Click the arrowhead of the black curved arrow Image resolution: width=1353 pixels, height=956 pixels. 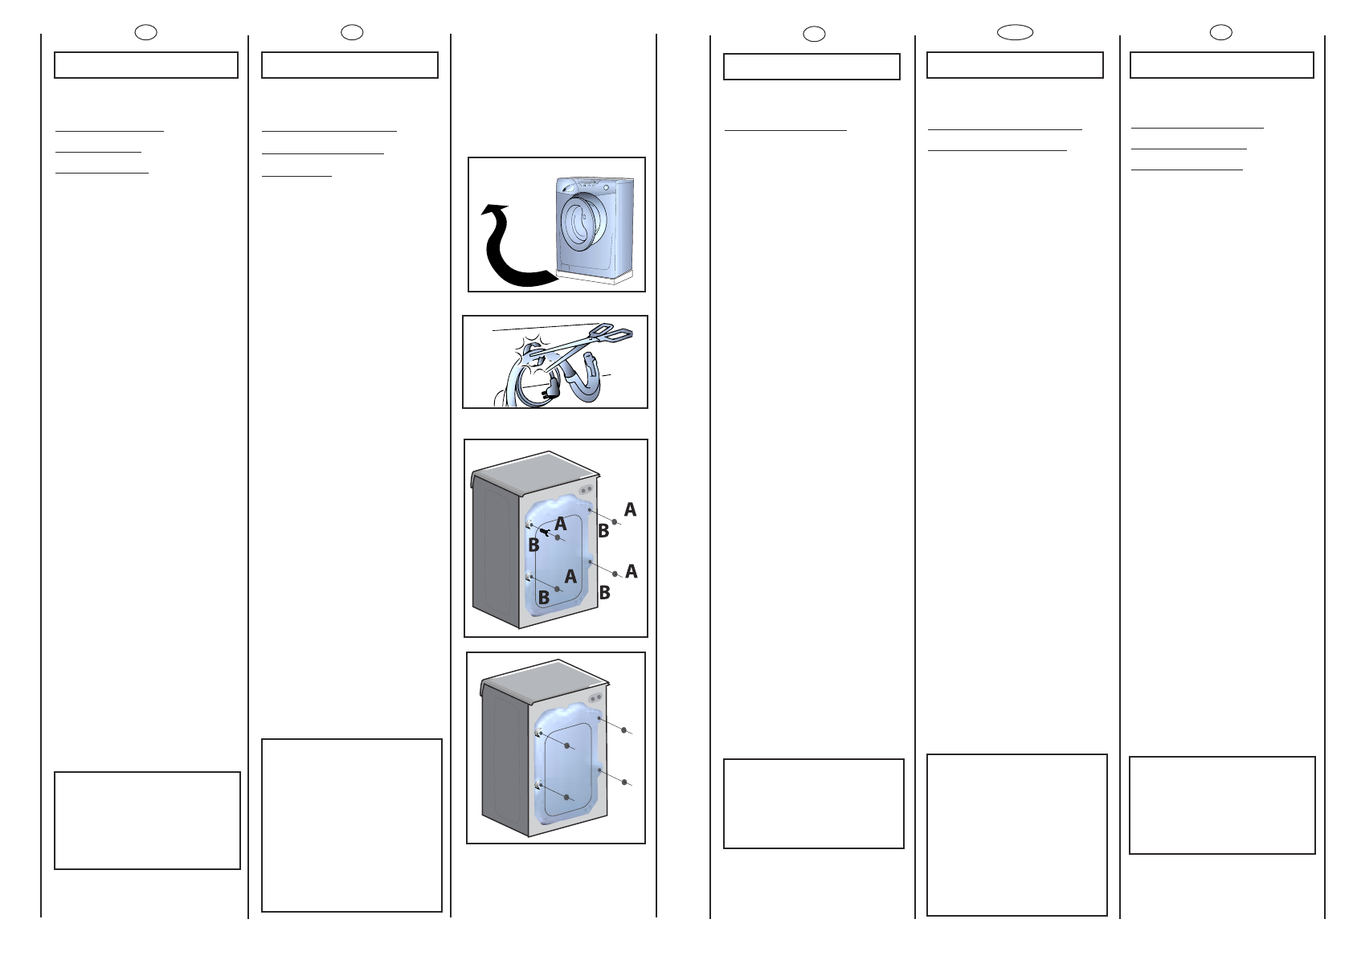coord(494,210)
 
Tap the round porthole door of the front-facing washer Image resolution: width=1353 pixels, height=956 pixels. coord(582,223)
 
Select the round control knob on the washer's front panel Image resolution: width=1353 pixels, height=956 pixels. coord(606,188)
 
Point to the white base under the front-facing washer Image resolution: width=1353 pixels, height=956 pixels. coord(596,278)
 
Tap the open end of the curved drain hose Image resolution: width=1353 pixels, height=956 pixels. coord(587,362)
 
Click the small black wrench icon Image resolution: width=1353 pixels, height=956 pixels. coord(546,532)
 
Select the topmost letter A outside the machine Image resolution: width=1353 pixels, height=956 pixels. coord(630,509)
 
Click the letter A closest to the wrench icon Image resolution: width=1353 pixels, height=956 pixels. coord(561,524)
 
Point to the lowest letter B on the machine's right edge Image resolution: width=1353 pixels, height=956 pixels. coord(604,593)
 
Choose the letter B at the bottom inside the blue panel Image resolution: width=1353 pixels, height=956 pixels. coord(544,598)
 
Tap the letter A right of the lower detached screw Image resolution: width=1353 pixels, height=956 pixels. coord(632,571)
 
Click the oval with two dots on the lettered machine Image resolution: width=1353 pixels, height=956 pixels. coord(585,490)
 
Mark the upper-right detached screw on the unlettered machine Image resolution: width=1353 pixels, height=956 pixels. coord(624,730)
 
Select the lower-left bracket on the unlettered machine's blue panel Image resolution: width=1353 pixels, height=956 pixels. coord(539,786)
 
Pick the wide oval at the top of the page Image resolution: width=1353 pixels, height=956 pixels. coord(1015,33)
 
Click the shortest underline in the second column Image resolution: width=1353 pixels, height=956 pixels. coord(296,177)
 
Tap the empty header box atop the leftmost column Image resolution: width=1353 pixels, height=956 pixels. coord(146,65)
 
